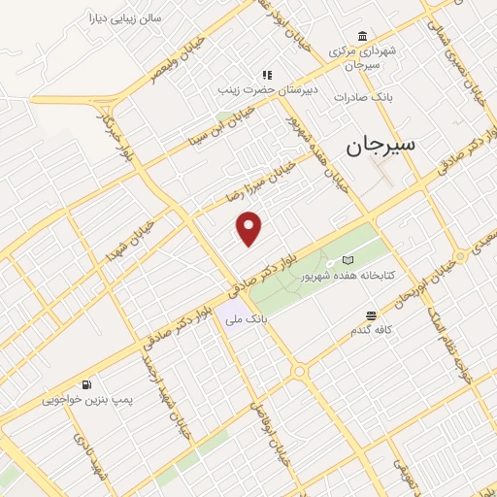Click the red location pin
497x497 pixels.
point(249,228)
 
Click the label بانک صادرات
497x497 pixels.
point(361,97)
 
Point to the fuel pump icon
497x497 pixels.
point(88,384)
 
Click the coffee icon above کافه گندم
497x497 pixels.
point(371,315)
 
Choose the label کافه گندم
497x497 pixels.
point(371,330)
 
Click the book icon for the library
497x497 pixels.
point(348,260)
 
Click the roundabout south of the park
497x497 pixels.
point(299,372)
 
